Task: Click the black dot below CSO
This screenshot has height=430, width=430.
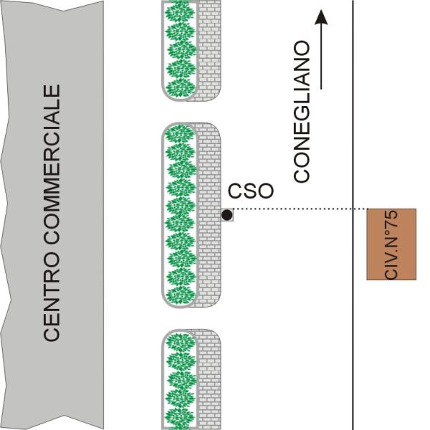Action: click(226, 214)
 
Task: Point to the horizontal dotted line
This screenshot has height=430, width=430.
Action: click(294, 209)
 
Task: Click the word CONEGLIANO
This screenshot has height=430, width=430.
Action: click(302, 112)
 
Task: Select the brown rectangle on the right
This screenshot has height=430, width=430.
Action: click(391, 244)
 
